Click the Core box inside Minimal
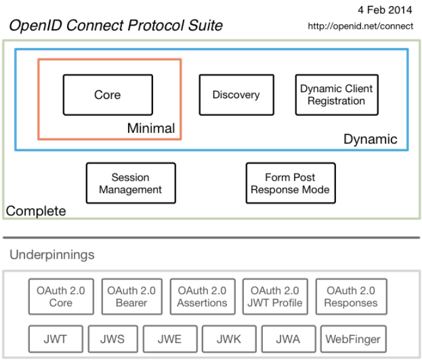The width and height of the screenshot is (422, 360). tap(107, 95)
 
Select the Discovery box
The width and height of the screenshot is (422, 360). tap(236, 95)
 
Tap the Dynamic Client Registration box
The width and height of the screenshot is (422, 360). tap(336, 95)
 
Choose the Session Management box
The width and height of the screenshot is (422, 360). tap(131, 183)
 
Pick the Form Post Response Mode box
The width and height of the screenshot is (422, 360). tap(290, 183)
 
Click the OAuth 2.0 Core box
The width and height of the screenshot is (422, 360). tap(61, 297)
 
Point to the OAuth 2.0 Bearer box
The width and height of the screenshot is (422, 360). tap(131, 297)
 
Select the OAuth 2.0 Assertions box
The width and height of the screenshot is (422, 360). tap(202, 297)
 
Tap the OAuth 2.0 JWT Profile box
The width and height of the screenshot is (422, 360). tap(274, 297)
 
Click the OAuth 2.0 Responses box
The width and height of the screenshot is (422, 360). tap(351, 297)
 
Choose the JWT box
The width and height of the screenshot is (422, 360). tap(55, 339)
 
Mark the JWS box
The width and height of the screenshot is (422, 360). tap(112, 339)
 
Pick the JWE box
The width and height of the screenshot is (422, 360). tap(170, 339)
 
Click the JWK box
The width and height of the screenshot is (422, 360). tap(228, 339)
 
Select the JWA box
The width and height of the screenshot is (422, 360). tap(288, 339)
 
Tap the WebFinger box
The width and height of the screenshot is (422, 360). tap(353, 339)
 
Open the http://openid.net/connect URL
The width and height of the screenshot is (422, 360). tap(361, 26)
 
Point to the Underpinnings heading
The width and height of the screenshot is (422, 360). tap(52, 254)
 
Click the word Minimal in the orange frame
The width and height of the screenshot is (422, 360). tap(151, 129)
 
